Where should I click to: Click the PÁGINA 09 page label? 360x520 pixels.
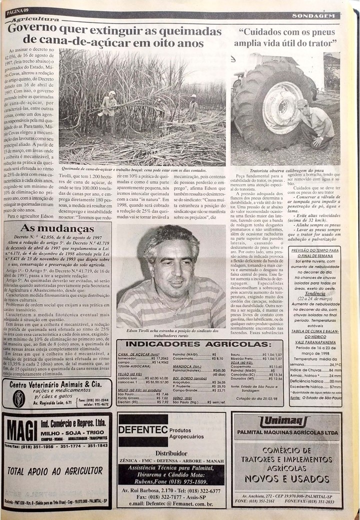point(18,10)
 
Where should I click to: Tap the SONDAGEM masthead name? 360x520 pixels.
point(316,15)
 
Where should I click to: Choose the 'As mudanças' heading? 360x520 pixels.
point(57,228)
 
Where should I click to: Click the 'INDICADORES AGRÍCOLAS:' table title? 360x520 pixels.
point(198,344)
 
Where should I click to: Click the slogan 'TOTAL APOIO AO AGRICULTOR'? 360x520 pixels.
point(55,470)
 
